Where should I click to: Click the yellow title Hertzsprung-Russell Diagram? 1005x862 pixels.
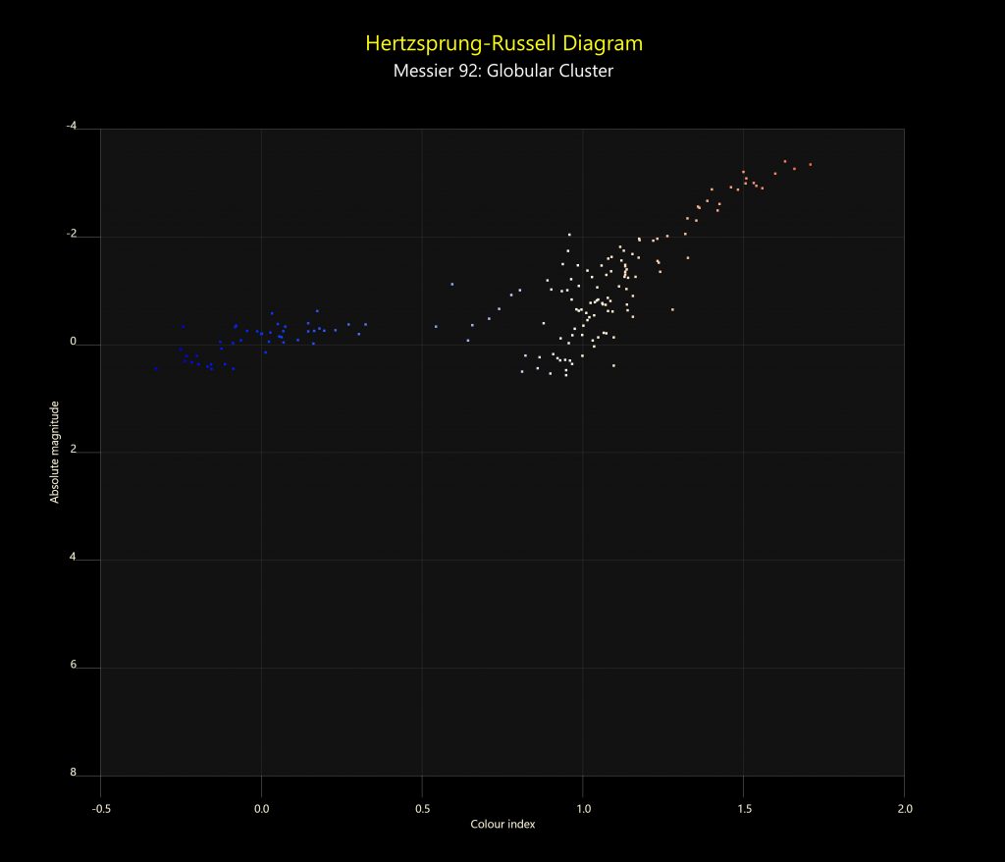click(x=502, y=43)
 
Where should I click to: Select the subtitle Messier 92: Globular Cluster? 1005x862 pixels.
click(x=502, y=71)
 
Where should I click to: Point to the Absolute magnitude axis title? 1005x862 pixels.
click(x=55, y=452)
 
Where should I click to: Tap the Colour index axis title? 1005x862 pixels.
click(x=502, y=825)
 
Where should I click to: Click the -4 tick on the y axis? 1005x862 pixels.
click(x=72, y=127)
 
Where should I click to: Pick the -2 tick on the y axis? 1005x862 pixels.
click(x=72, y=236)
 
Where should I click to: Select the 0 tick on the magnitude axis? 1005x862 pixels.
click(x=73, y=344)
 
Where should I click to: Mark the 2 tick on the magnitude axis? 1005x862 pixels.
click(x=73, y=451)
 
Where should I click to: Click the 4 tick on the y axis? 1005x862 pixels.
click(x=73, y=559)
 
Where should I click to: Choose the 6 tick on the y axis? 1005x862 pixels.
click(x=73, y=666)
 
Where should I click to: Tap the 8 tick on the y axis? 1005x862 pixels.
click(x=73, y=774)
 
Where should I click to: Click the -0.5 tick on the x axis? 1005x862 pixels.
click(x=100, y=809)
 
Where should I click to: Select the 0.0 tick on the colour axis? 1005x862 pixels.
click(x=261, y=809)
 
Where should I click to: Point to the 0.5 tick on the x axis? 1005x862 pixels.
click(x=422, y=809)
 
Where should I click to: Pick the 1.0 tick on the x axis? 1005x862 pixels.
click(x=583, y=809)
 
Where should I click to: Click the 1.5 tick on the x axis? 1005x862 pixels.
click(x=744, y=809)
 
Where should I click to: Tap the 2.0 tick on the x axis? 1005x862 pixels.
click(x=905, y=809)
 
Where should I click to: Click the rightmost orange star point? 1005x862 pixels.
click(x=811, y=165)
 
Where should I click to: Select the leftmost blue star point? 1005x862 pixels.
click(x=155, y=369)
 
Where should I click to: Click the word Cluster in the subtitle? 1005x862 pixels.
click(x=586, y=71)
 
